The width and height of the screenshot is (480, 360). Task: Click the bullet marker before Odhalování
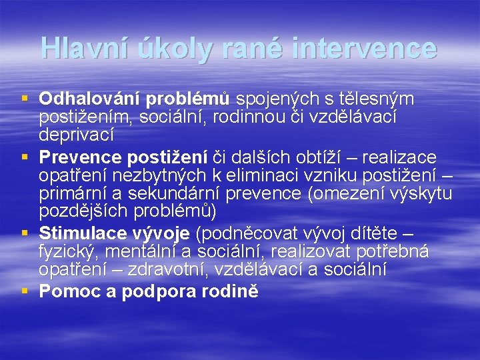click(25, 99)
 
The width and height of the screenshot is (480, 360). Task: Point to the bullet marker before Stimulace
click(25, 233)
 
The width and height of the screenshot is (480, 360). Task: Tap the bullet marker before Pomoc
click(25, 291)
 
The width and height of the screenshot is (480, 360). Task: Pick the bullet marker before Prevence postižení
click(25, 157)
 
